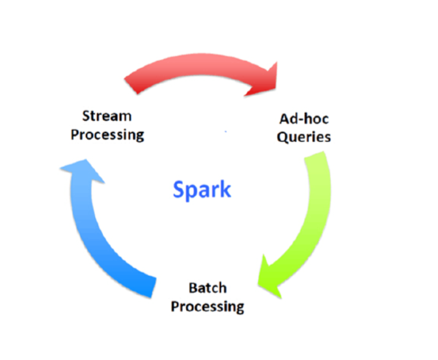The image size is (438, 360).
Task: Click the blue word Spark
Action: point(202,189)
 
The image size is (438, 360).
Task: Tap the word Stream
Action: point(107,116)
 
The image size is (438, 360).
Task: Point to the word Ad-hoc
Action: point(304,119)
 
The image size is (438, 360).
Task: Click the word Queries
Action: point(304,137)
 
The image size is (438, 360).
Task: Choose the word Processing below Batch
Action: point(207,306)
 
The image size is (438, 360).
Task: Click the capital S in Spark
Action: point(179,189)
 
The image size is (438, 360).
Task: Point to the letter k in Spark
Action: point(226,189)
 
